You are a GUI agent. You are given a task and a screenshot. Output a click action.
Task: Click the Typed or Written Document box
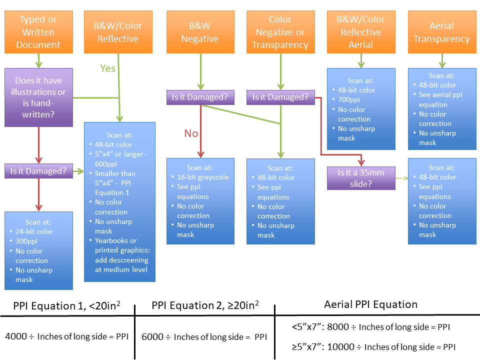38,32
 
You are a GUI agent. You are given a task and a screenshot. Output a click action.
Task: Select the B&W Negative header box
199,32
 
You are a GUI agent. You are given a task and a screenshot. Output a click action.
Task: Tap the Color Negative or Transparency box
280,32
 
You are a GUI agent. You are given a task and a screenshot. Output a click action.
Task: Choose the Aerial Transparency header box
441,32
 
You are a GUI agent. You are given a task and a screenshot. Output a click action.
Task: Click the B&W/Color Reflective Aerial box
360,32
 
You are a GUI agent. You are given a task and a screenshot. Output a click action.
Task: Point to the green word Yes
107,68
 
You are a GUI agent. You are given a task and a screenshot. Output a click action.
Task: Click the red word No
191,133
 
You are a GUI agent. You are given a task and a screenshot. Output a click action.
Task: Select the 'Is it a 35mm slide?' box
360,178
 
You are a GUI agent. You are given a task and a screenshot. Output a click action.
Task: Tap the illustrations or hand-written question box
38,97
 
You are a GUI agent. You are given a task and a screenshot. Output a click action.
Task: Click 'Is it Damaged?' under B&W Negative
200,97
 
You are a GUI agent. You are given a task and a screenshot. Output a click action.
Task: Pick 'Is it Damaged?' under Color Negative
280,97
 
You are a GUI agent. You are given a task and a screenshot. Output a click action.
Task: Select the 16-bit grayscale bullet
203,177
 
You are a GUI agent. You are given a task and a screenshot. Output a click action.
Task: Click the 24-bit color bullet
34,232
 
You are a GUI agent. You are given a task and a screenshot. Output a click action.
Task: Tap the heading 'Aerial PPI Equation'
370,304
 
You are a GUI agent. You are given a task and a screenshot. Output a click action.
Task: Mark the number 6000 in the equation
153,337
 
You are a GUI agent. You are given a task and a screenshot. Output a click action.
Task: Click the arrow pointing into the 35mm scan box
402,178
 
